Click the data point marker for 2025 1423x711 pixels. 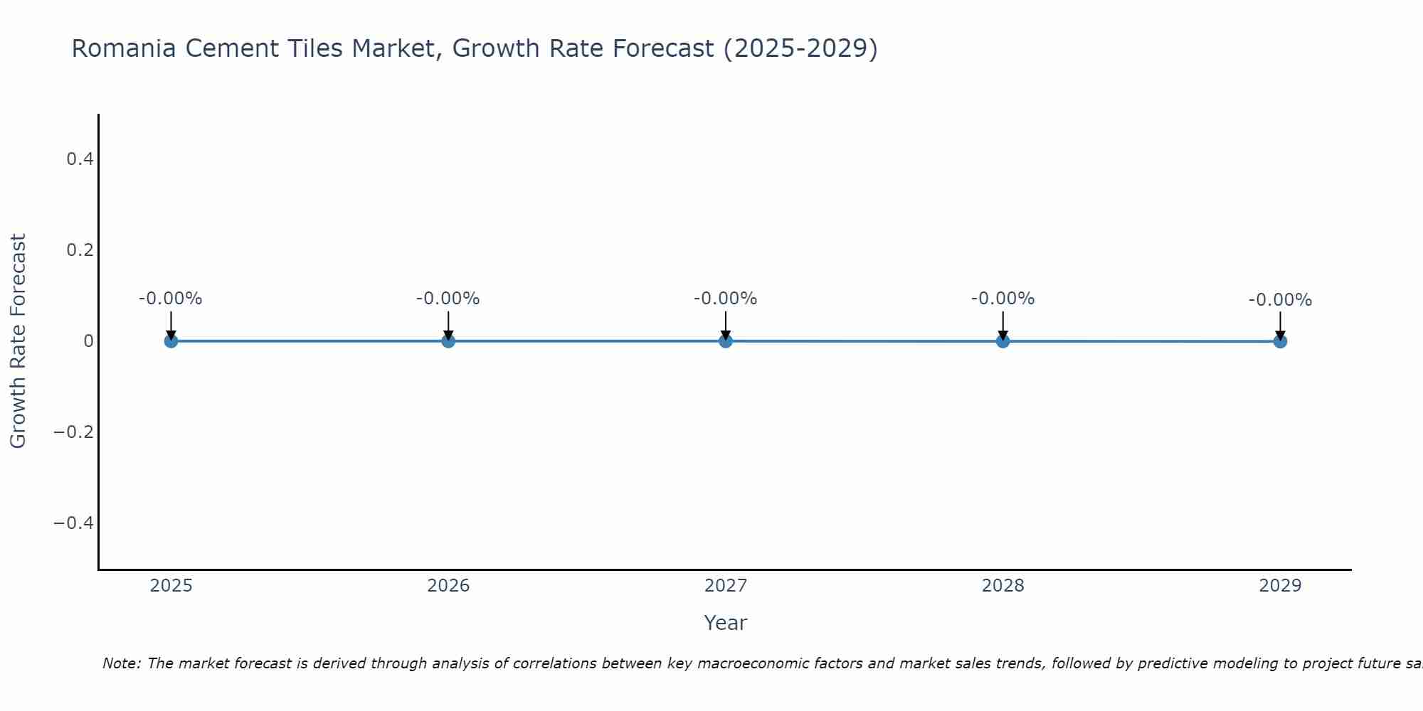point(171,341)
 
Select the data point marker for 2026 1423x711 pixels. point(448,341)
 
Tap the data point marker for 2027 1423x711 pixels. point(726,341)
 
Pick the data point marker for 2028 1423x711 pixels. point(1003,341)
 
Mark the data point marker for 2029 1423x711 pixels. point(1280,341)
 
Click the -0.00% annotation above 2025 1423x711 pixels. point(171,299)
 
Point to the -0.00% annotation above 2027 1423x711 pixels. point(726,299)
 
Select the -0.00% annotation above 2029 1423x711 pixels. point(1280,300)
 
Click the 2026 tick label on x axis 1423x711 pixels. point(448,586)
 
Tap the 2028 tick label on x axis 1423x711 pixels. point(1003,586)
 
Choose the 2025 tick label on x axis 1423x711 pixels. point(171,586)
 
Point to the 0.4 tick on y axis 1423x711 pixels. point(80,159)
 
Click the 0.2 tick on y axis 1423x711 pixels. point(80,250)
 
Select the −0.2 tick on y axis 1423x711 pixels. point(73,432)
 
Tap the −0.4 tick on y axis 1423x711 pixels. point(73,523)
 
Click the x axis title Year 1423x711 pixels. point(725,623)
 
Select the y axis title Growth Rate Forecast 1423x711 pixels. point(18,341)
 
